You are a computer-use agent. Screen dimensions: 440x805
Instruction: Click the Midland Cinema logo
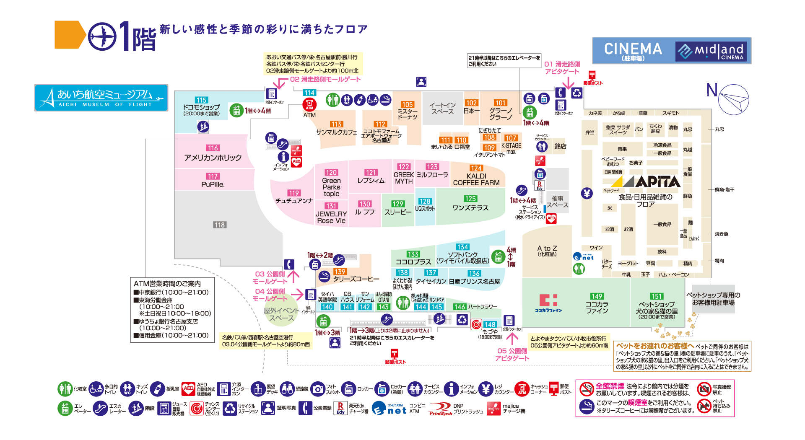point(713,52)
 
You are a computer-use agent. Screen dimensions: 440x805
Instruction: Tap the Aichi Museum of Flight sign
point(101,98)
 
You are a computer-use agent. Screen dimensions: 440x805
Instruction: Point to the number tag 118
point(220,225)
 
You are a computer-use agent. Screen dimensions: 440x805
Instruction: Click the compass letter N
point(712,90)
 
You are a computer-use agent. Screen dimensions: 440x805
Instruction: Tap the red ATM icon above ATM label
point(309,104)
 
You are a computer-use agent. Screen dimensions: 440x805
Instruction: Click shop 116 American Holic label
point(213,154)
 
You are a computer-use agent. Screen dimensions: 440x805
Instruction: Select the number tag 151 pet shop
point(657,296)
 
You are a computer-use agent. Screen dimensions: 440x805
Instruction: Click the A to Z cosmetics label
point(547,251)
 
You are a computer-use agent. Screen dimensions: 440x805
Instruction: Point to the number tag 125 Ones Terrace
point(470,199)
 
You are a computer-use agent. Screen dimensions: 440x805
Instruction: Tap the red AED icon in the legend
point(189,388)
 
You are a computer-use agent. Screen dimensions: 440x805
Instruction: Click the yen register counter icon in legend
point(486,389)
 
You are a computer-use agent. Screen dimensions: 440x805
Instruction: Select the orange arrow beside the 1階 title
point(69,35)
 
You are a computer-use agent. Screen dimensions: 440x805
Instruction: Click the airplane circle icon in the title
point(102,36)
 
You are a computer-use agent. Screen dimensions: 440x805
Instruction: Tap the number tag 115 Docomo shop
point(201,100)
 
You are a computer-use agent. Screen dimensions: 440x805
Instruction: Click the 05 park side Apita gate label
point(512,355)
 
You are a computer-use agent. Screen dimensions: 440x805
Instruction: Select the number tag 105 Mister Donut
point(407,104)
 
